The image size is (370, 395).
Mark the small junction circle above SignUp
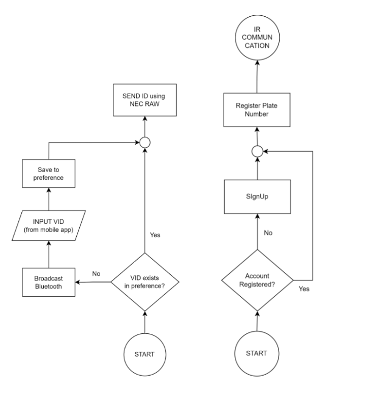258,151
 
